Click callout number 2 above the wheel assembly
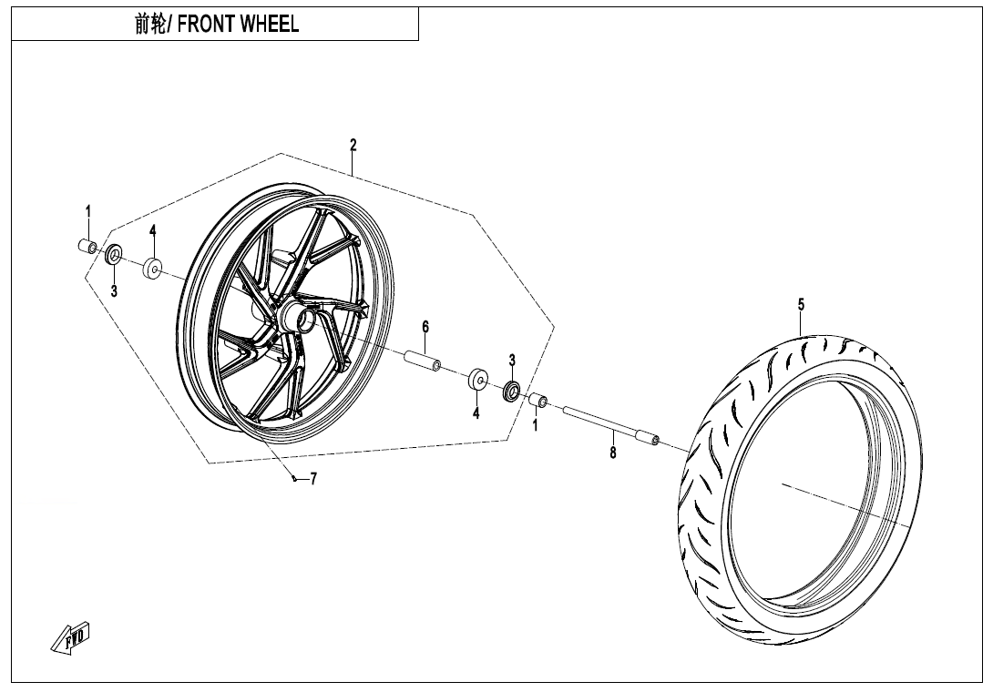(353, 145)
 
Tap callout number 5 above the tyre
(801, 305)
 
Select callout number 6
(425, 327)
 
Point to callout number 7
(313, 479)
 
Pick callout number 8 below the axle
(613, 453)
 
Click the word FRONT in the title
(206, 25)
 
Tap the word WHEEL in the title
(269, 25)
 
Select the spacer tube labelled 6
(423, 360)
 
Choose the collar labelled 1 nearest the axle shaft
(538, 401)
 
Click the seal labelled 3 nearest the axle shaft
(512, 392)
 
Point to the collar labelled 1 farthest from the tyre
(87, 247)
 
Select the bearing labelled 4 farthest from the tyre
(152, 270)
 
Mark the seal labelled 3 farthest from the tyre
(115, 255)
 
